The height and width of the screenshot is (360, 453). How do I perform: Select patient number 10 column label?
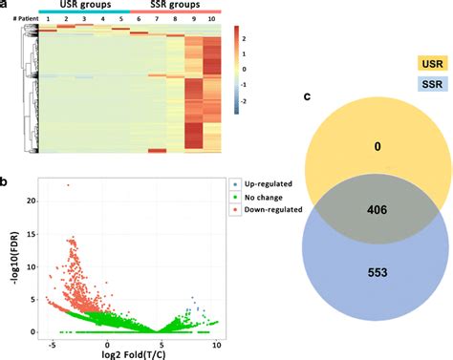pyautogui.click(x=211, y=19)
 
